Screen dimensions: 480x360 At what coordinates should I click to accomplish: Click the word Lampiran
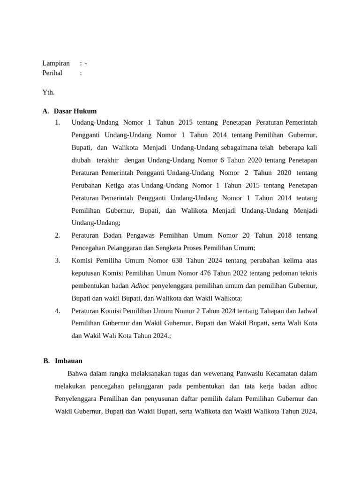(x=56, y=63)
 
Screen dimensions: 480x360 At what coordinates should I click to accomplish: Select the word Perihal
(x=52, y=73)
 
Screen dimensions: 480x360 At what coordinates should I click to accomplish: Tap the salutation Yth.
(x=48, y=92)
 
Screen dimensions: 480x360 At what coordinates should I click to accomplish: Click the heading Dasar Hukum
(x=75, y=112)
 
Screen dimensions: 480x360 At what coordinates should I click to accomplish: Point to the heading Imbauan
(x=68, y=361)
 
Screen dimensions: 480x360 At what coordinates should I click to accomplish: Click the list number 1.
(x=58, y=123)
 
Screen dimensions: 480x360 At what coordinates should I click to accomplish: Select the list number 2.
(x=58, y=235)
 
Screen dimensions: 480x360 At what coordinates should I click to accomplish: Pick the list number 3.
(x=58, y=260)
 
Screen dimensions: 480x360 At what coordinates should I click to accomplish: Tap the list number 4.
(x=58, y=311)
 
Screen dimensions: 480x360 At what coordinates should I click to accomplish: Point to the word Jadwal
(x=307, y=311)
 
